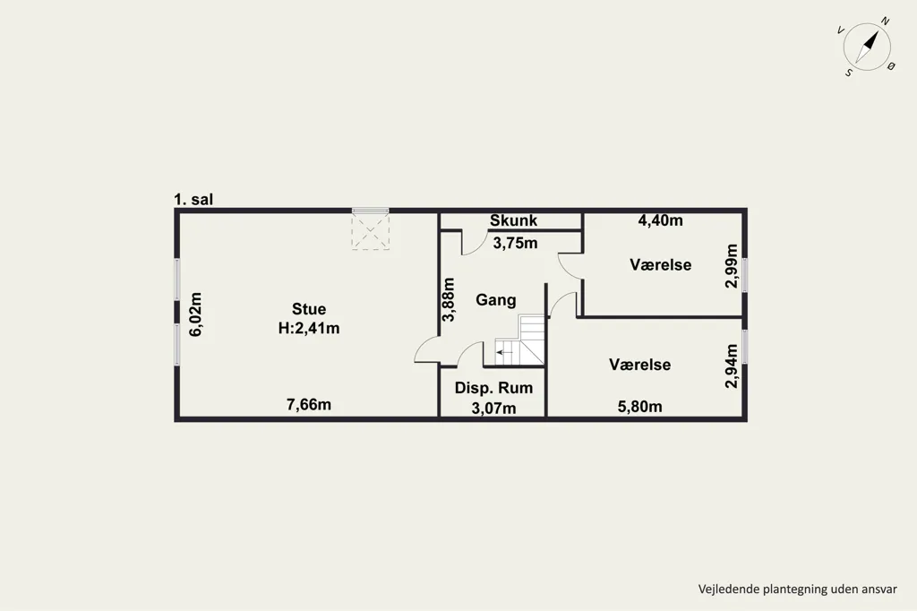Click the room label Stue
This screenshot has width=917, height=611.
tap(309, 309)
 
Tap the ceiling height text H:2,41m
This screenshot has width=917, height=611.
tap(309, 328)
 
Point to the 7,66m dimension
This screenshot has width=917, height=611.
tap(309, 404)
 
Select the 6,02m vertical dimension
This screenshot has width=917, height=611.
tap(195, 314)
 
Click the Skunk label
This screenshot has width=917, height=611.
tap(513, 220)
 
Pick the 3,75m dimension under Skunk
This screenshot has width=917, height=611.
tap(515, 243)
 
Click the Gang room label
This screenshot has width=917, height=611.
tap(496, 300)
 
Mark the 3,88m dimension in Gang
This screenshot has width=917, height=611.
tap(449, 299)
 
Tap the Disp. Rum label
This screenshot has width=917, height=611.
tap(493, 388)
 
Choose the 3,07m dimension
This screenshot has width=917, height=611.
tap(493, 408)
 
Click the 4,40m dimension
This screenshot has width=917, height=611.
tap(660, 220)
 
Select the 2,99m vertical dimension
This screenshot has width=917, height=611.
tap(731, 266)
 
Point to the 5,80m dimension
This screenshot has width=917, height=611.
tap(639, 406)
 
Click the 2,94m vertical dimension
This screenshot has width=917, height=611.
tap(731, 366)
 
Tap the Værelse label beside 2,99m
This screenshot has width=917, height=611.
tap(660, 264)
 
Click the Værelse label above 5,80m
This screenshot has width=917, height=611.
tap(639, 365)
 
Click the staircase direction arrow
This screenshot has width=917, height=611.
tap(504, 352)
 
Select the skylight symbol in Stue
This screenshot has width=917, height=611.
tap(370, 230)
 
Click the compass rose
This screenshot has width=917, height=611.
tap(867, 47)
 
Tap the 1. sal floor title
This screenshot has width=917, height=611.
tap(193, 200)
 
